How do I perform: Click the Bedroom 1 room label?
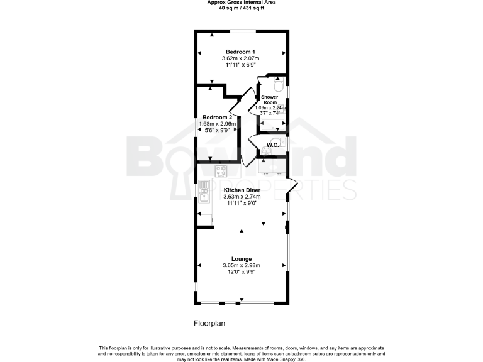(241, 52)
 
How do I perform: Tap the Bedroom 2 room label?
(217, 118)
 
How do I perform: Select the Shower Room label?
(270, 99)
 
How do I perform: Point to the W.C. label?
(272, 146)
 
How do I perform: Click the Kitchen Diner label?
(241, 190)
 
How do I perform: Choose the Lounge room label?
(241, 259)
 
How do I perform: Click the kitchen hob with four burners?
(221, 170)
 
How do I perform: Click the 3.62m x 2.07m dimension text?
(241, 58)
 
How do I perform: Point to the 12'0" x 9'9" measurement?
(241, 272)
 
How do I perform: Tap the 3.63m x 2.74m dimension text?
(241, 197)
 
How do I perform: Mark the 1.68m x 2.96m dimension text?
(217, 124)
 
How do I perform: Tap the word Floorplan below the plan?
(209, 323)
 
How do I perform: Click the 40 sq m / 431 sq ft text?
(241, 8)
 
